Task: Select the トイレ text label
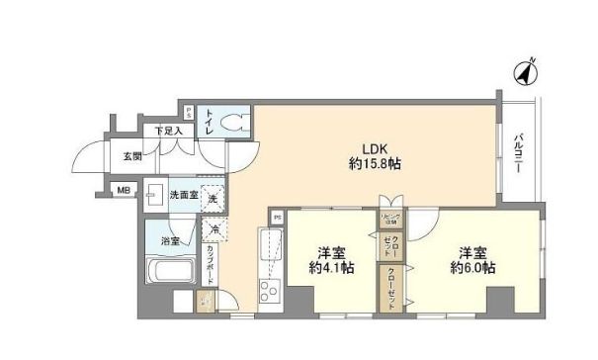click(211, 123)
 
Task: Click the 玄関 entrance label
click(132, 155)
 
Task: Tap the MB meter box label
click(125, 190)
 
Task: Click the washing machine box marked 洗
click(211, 196)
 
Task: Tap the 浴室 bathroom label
click(169, 240)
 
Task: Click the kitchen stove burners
click(268, 289)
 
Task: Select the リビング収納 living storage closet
click(389, 220)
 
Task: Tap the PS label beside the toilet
click(189, 110)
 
